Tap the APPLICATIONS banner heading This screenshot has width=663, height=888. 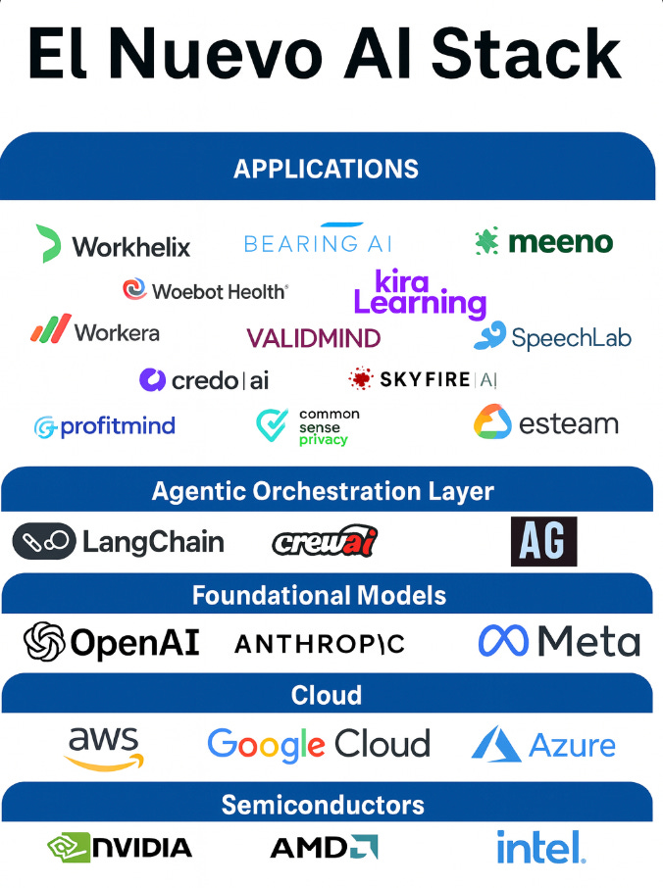click(x=326, y=169)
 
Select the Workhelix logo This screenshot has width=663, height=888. click(x=113, y=245)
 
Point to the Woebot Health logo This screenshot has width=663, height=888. click(x=205, y=290)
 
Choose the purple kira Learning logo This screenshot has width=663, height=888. click(x=419, y=293)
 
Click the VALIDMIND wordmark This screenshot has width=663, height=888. click(x=313, y=339)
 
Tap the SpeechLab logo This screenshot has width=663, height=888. click(x=552, y=337)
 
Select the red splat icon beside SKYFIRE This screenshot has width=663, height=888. click(x=361, y=379)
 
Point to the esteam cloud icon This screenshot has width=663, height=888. click(x=492, y=422)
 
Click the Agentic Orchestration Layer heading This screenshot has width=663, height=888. click(x=323, y=491)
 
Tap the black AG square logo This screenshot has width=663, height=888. click(x=543, y=542)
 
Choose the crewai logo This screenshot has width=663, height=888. click(x=324, y=541)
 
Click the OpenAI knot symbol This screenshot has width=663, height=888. click(x=44, y=643)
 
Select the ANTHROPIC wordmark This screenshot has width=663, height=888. click(x=320, y=644)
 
